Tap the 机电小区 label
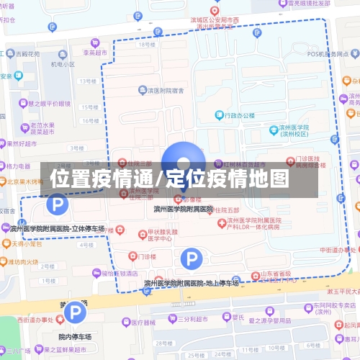[x=63, y=64]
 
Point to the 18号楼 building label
[x=147, y=45]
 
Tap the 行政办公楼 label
[x=236, y=114]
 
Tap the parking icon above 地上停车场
[x=190, y=257]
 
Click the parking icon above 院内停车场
[x=74, y=312]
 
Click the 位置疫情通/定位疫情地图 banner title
[x=170, y=179]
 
